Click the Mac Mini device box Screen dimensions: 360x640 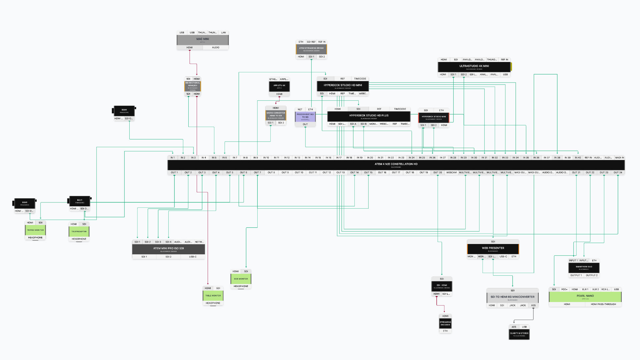click(203, 40)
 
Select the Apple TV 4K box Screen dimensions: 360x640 click(279, 86)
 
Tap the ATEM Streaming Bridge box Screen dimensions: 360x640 click(311, 49)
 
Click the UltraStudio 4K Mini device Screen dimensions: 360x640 click(474, 67)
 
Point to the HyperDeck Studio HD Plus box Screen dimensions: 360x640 click(369, 116)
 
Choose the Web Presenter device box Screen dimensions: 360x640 click(493, 249)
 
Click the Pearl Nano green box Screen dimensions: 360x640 click(585, 297)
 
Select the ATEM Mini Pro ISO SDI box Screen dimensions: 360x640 click(168, 249)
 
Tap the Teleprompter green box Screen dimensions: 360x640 click(79, 232)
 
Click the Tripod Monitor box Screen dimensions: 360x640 click(35, 230)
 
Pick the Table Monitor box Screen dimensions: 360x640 click(213, 296)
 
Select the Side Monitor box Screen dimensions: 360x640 click(241, 279)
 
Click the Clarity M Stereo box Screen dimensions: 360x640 click(519, 334)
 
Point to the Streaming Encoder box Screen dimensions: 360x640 click(445, 323)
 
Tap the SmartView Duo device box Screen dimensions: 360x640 click(584, 268)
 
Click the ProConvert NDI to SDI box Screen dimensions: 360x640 click(305, 117)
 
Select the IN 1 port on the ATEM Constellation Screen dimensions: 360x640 click(173, 158)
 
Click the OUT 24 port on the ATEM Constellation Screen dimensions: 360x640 click(618, 173)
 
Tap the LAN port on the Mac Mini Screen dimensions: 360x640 click(223, 33)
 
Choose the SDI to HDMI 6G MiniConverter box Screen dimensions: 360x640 click(512, 297)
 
